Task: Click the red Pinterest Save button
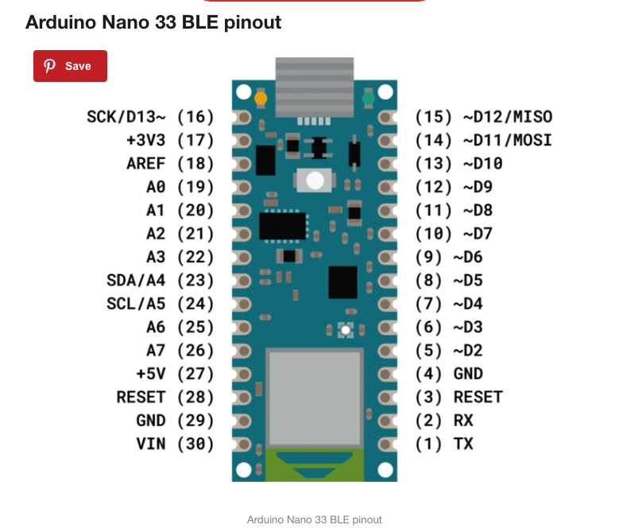point(70,66)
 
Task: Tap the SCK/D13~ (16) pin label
point(150,117)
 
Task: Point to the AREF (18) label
point(170,164)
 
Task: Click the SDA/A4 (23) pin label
point(160,281)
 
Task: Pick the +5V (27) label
point(175,374)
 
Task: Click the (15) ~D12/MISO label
point(483,117)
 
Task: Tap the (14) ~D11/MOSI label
point(483,141)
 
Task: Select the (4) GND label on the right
point(449,374)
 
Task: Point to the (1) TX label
point(444,444)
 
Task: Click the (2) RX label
point(444,421)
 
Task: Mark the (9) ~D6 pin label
point(449,257)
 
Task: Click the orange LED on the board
point(260,99)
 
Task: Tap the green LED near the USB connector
point(367,99)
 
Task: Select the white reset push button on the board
point(314,181)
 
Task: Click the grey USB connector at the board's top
point(314,86)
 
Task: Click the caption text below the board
point(314,520)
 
